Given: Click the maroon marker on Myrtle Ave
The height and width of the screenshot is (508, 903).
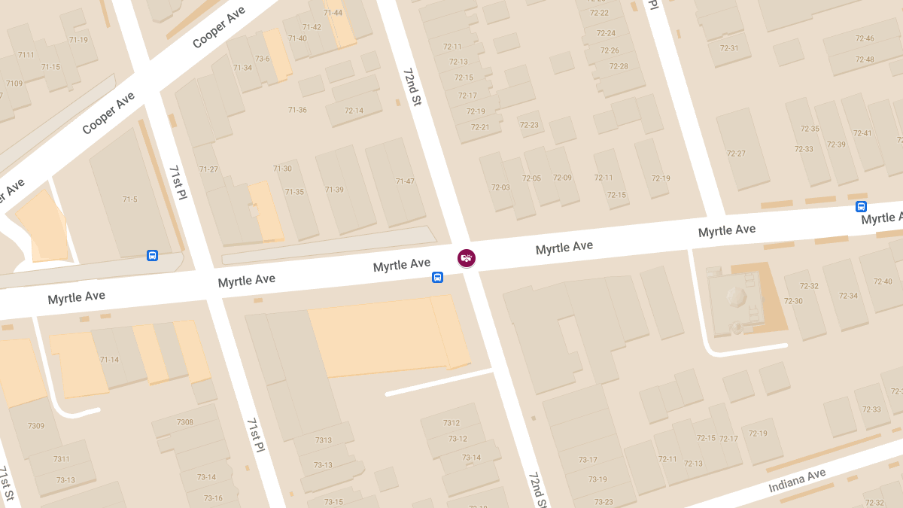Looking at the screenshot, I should [x=467, y=258].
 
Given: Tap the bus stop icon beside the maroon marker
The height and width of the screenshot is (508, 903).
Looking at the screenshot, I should [x=437, y=278].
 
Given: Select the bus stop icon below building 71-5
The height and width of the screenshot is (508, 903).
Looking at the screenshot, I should [x=153, y=256].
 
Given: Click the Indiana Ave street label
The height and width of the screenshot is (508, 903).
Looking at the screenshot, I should [x=797, y=481].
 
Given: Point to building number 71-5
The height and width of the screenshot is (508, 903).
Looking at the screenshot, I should [x=130, y=199].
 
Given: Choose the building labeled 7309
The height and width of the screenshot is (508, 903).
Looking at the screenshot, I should [x=36, y=426].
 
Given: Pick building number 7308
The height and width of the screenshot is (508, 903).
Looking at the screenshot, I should [x=185, y=422].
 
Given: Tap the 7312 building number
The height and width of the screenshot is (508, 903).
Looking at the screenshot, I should [x=451, y=423].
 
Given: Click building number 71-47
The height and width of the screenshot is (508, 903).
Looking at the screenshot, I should [x=405, y=181].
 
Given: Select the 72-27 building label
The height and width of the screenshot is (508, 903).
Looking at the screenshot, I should [x=736, y=154].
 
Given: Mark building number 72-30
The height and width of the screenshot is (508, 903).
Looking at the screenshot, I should [x=793, y=301].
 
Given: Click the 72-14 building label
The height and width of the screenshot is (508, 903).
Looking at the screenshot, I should [x=354, y=111].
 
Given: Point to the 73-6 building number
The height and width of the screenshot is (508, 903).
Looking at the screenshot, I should [x=263, y=58].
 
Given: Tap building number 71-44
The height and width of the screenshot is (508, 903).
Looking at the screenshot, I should [x=333, y=13].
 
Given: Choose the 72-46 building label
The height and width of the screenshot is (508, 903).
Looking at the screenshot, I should [x=865, y=38].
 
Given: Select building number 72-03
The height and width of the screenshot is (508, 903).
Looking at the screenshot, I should [x=500, y=187].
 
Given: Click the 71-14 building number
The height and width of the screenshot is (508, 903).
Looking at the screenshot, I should [x=109, y=360].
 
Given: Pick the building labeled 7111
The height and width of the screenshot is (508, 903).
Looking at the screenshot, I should [x=26, y=55].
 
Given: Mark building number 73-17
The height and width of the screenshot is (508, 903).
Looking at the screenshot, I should [x=588, y=460].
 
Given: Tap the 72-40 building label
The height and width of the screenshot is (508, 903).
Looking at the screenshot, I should [x=883, y=281].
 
